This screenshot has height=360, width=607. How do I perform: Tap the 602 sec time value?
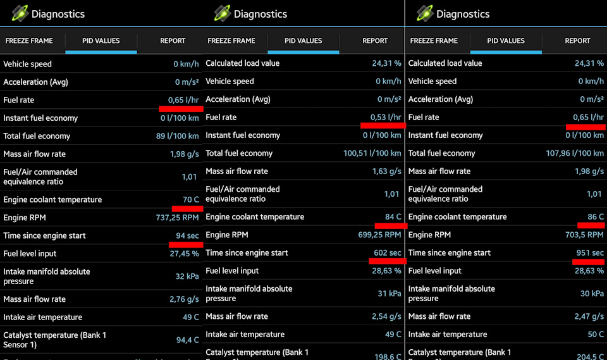387,252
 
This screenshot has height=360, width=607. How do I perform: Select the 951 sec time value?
590,252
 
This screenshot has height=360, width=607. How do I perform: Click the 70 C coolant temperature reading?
191,199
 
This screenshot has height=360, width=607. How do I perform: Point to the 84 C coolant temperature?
393,216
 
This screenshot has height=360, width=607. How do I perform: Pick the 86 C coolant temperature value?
596,216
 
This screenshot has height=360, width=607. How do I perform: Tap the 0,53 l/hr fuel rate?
386,117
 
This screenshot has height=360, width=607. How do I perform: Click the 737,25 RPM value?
177,218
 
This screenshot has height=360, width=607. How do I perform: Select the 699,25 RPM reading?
379,235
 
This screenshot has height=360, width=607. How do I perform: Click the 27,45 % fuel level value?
185,253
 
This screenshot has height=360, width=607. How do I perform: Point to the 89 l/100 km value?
178,136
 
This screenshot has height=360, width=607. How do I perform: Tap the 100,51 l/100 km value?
372,153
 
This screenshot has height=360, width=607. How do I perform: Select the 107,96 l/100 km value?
575,153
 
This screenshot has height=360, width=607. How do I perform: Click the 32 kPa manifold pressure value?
187,276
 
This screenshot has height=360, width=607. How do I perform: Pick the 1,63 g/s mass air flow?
387,171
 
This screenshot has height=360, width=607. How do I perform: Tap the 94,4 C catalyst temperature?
188,340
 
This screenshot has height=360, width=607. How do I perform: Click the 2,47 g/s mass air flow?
589,316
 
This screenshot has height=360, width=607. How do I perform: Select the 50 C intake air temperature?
596,334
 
